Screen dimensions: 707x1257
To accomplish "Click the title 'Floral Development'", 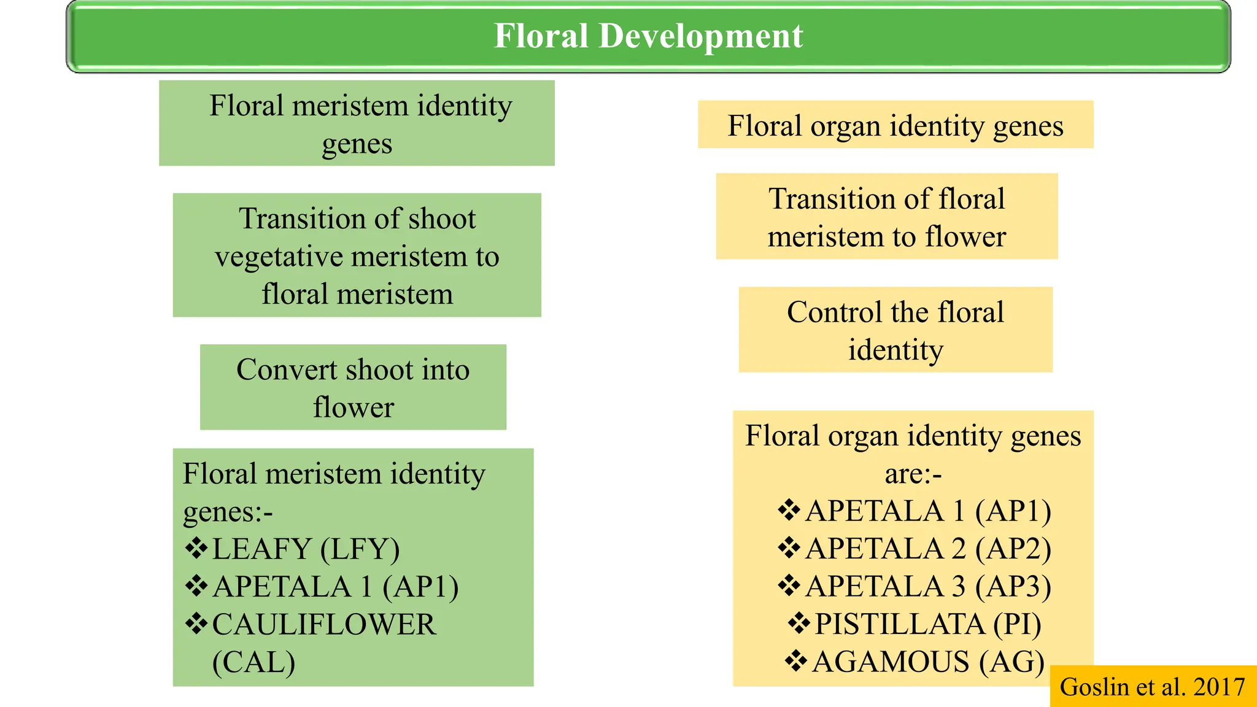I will click(648, 36).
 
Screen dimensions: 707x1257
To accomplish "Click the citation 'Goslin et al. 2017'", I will click(1152, 687).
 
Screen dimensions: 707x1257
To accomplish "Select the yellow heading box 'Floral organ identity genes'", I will click(895, 125).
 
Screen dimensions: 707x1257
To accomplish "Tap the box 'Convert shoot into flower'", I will click(353, 387).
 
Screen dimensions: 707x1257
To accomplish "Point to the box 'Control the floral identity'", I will click(895, 330).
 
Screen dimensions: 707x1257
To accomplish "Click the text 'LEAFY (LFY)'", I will click(306, 549).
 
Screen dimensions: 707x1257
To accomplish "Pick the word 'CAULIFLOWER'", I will click(324, 625).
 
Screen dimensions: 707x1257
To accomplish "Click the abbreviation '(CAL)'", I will click(253, 662).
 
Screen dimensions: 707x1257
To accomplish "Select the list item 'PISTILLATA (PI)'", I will click(927, 624).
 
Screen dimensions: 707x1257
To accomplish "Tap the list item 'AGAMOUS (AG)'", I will click(927, 662).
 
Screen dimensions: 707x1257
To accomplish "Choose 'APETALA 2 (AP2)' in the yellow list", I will click(927, 549).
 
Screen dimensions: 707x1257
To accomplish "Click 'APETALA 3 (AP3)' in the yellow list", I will click(927, 586).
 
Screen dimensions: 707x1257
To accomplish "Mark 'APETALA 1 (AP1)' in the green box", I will click(335, 587).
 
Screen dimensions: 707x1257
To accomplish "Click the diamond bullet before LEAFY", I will click(196, 548).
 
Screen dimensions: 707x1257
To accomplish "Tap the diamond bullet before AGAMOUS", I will click(795, 661).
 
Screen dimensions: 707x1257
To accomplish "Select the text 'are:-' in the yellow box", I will click(913, 474).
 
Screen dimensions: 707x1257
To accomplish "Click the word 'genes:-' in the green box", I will click(228, 511).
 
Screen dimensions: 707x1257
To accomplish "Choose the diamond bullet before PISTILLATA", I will click(799, 624).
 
